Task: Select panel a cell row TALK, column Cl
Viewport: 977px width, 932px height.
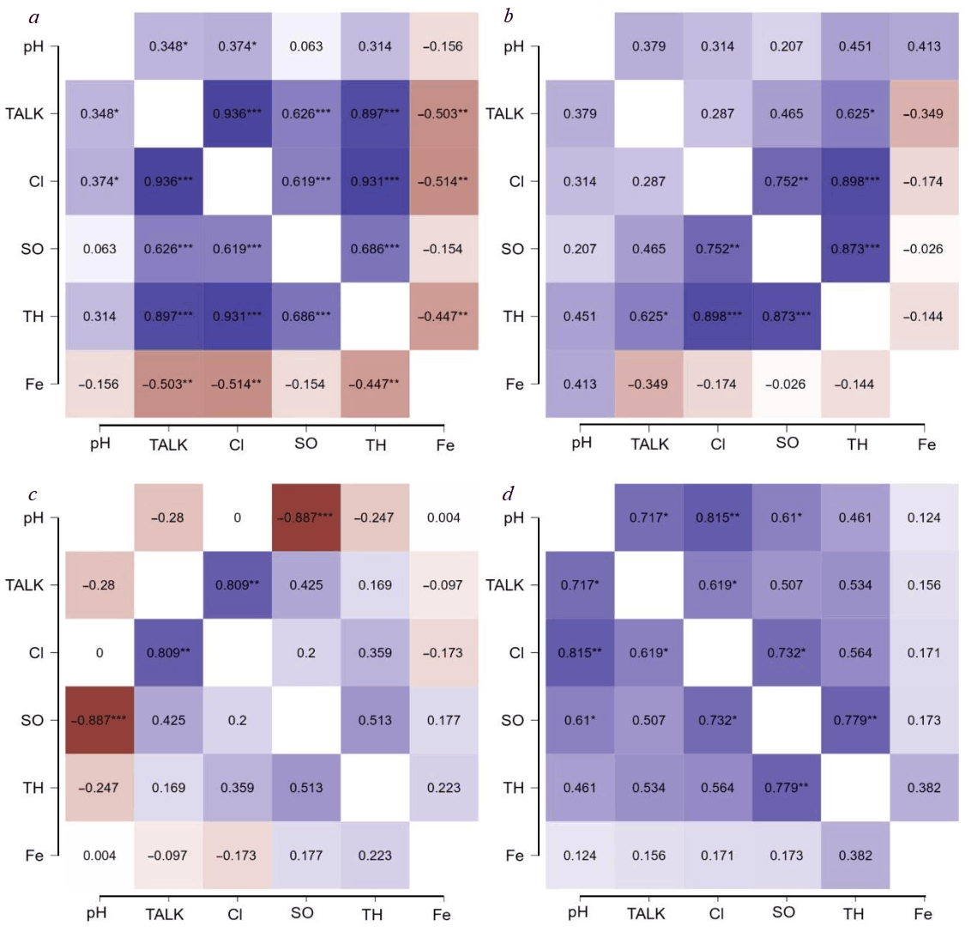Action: pyautogui.click(x=237, y=113)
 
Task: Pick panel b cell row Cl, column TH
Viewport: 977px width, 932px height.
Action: pyautogui.click(x=855, y=181)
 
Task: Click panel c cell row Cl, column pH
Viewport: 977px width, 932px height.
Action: pyautogui.click(x=100, y=653)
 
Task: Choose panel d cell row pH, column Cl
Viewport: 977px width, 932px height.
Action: pyautogui.click(x=717, y=517)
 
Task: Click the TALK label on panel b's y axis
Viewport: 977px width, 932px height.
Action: pyautogui.click(x=504, y=113)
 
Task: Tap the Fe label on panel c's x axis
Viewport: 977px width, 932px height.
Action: pyautogui.click(x=442, y=915)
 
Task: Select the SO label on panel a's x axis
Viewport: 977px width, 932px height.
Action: pyautogui.click(x=305, y=443)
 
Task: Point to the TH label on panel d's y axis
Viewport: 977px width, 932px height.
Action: pyautogui.click(x=513, y=788)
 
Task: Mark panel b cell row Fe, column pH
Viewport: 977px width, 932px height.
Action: pyautogui.click(x=580, y=384)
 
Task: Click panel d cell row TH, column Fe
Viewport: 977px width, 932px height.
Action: pyautogui.click(x=924, y=788)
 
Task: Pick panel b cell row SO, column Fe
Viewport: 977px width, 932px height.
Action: pyautogui.click(x=924, y=249)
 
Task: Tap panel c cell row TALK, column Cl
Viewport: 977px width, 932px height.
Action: pyautogui.click(x=237, y=585)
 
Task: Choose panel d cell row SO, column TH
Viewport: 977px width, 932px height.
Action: pyautogui.click(x=855, y=720)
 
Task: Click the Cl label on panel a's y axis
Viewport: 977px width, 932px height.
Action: pyautogui.click(x=36, y=181)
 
